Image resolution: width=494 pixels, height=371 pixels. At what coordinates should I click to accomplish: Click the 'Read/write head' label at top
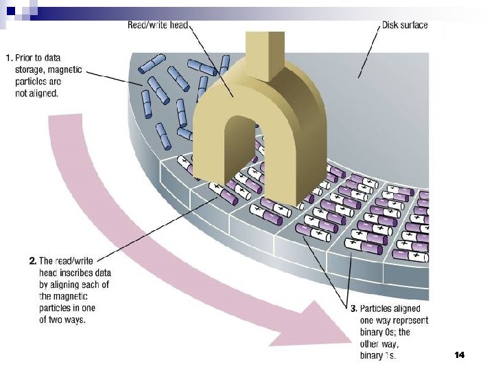pyautogui.click(x=157, y=25)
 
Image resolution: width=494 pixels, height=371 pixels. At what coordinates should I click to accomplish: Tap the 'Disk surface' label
pyautogui.click(x=404, y=25)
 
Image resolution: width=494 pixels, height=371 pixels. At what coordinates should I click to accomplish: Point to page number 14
pyautogui.click(x=460, y=355)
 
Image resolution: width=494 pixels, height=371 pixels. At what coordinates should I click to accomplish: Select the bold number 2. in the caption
pyautogui.click(x=32, y=261)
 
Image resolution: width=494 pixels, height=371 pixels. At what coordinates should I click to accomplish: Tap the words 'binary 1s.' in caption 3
pyautogui.click(x=378, y=355)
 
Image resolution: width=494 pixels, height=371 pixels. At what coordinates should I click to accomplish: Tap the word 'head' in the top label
pyautogui.click(x=176, y=25)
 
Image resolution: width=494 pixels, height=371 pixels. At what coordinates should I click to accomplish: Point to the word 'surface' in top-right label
pyautogui.click(x=414, y=25)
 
